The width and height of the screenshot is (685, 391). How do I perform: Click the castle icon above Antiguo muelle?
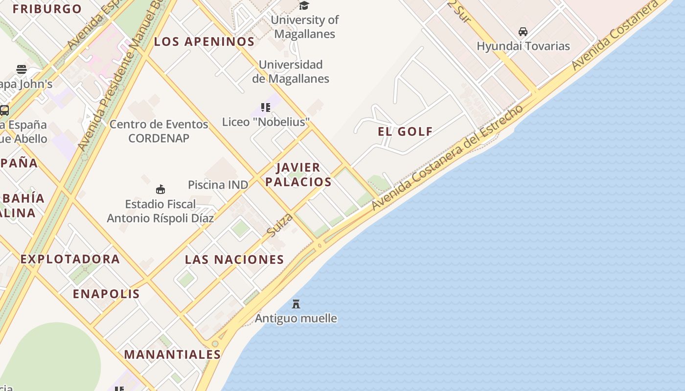tap(296, 304)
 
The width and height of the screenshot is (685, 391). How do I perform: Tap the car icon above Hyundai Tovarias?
tap(523, 32)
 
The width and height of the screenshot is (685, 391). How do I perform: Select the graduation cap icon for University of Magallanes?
tap(304, 5)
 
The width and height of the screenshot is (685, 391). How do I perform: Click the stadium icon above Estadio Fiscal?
tap(160, 189)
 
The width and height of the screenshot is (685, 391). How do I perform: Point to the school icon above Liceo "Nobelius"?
tap(266, 107)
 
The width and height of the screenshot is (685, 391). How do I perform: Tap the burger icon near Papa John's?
tap(21, 69)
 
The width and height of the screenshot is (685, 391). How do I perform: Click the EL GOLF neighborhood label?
tap(405, 131)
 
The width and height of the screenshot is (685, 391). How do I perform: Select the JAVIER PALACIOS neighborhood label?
tap(298, 174)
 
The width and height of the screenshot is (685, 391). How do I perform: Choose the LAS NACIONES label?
tap(234, 260)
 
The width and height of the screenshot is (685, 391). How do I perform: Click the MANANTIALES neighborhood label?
tap(172, 354)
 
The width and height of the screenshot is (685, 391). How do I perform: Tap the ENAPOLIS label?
tap(106, 294)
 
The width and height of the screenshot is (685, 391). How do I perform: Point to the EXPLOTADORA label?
tap(70, 259)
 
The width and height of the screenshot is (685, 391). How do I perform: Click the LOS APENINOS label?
tap(204, 42)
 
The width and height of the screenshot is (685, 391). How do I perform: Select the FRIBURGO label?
tap(47, 9)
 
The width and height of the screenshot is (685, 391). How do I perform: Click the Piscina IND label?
tap(218, 185)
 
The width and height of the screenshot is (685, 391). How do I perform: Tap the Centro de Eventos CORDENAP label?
tap(159, 131)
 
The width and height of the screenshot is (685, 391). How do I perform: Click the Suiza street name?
tap(280, 225)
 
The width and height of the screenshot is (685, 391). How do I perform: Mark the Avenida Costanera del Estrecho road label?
tap(447, 158)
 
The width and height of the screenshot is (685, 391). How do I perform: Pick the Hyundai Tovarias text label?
tap(523, 46)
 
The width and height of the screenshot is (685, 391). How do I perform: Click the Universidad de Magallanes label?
tap(291, 71)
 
